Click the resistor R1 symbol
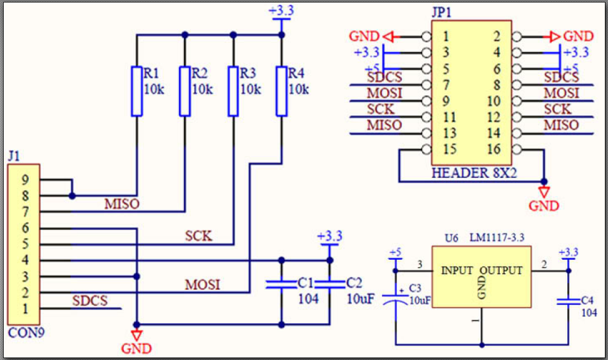click(137, 91)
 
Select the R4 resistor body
click(282, 91)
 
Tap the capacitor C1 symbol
click(282, 285)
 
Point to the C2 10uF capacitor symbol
click(329, 285)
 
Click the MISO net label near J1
click(121, 204)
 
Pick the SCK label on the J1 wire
click(198, 236)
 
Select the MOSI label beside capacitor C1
click(202, 285)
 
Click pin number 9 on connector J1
click(25, 180)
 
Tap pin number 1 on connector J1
click(25, 309)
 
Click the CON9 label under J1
click(26, 332)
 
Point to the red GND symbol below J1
click(137, 335)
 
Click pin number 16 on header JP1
click(494, 149)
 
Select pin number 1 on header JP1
click(446, 36)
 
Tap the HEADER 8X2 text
click(474, 173)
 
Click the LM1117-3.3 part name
click(497, 237)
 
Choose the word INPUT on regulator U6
click(457, 270)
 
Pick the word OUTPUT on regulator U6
click(502, 270)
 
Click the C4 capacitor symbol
click(569, 301)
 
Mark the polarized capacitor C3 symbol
click(396, 299)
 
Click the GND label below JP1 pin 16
click(544, 206)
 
